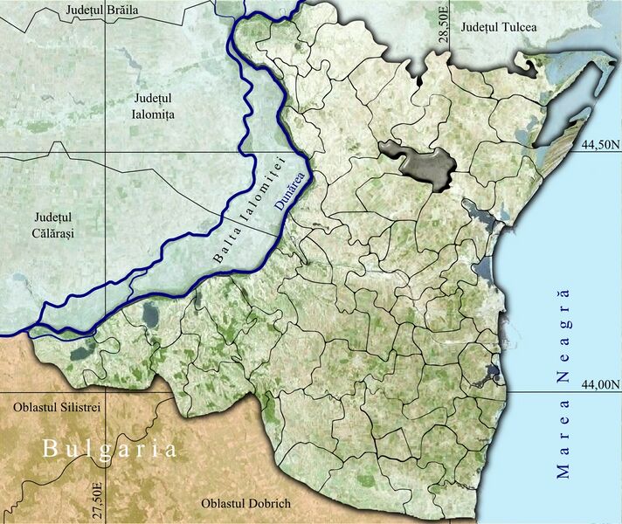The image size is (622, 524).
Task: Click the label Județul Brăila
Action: point(101,10)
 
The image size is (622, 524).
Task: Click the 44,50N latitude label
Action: point(600,146)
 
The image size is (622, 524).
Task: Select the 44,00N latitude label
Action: point(601,383)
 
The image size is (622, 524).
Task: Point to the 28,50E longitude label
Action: point(445,22)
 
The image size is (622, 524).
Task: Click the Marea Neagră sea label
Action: point(563,381)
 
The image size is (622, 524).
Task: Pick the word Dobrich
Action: point(268,505)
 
